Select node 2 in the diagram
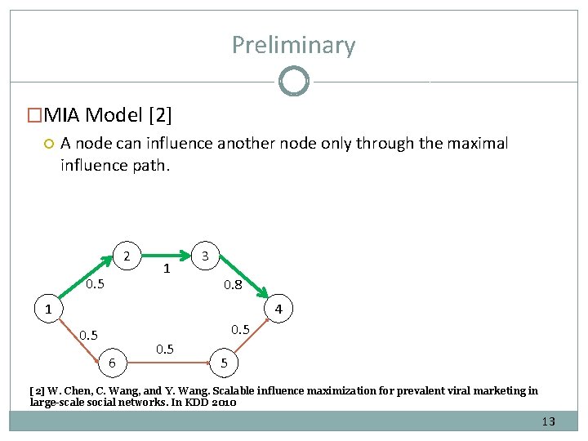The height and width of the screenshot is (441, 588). (127, 256)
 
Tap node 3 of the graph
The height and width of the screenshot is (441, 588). (206, 256)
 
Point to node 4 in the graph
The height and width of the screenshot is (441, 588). (278, 310)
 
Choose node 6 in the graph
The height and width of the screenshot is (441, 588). (113, 363)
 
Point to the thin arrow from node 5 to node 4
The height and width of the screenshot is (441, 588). (253, 338)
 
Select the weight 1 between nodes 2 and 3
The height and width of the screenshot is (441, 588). (166, 269)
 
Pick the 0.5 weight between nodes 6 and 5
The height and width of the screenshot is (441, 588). (164, 349)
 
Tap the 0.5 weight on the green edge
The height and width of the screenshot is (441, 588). (96, 284)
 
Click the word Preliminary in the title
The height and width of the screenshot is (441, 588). (293, 45)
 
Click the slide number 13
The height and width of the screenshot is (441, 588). (547, 422)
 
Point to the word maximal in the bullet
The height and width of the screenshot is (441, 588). (478, 144)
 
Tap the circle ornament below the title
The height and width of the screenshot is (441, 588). (293, 82)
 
